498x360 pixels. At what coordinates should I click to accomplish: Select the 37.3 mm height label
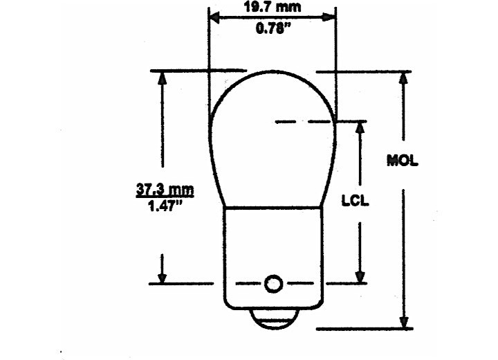[x=164, y=189]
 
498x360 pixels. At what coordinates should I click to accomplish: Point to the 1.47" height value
[x=164, y=205]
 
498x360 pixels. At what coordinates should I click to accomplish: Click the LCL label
[x=356, y=202]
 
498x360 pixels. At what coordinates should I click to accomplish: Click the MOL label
[x=403, y=161]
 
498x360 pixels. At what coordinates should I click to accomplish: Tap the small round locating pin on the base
[x=273, y=283]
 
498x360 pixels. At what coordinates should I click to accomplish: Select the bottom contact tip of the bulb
[x=273, y=322]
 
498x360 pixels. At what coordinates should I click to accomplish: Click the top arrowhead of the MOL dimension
[x=403, y=77]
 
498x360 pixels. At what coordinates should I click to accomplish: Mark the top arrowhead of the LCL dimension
[x=360, y=127]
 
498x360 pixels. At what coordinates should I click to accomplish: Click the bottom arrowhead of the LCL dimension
[x=360, y=277]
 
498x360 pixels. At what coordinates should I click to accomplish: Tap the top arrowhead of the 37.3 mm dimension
[x=163, y=77]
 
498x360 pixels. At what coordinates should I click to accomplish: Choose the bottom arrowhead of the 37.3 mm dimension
[x=163, y=277]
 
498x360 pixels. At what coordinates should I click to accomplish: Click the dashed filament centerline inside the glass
[x=304, y=122]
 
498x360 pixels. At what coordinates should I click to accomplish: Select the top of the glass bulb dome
[x=273, y=69]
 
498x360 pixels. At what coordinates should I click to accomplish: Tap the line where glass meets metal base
[x=273, y=206]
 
